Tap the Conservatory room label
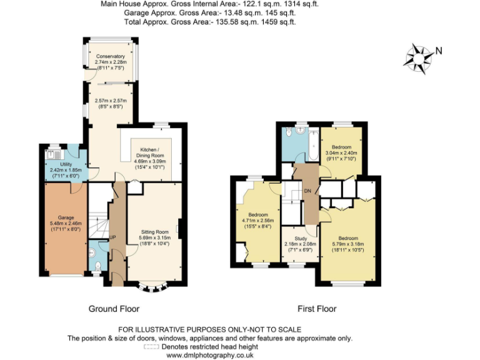tap(110, 56)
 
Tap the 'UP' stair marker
tap(113, 237)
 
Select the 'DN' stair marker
tap(307, 191)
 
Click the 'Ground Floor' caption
tap(113, 309)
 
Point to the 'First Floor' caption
tap(317, 309)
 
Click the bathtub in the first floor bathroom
tap(312, 144)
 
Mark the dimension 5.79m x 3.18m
tap(348, 245)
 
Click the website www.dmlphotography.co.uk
tap(209, 354)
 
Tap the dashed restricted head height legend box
tap(151, 346)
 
